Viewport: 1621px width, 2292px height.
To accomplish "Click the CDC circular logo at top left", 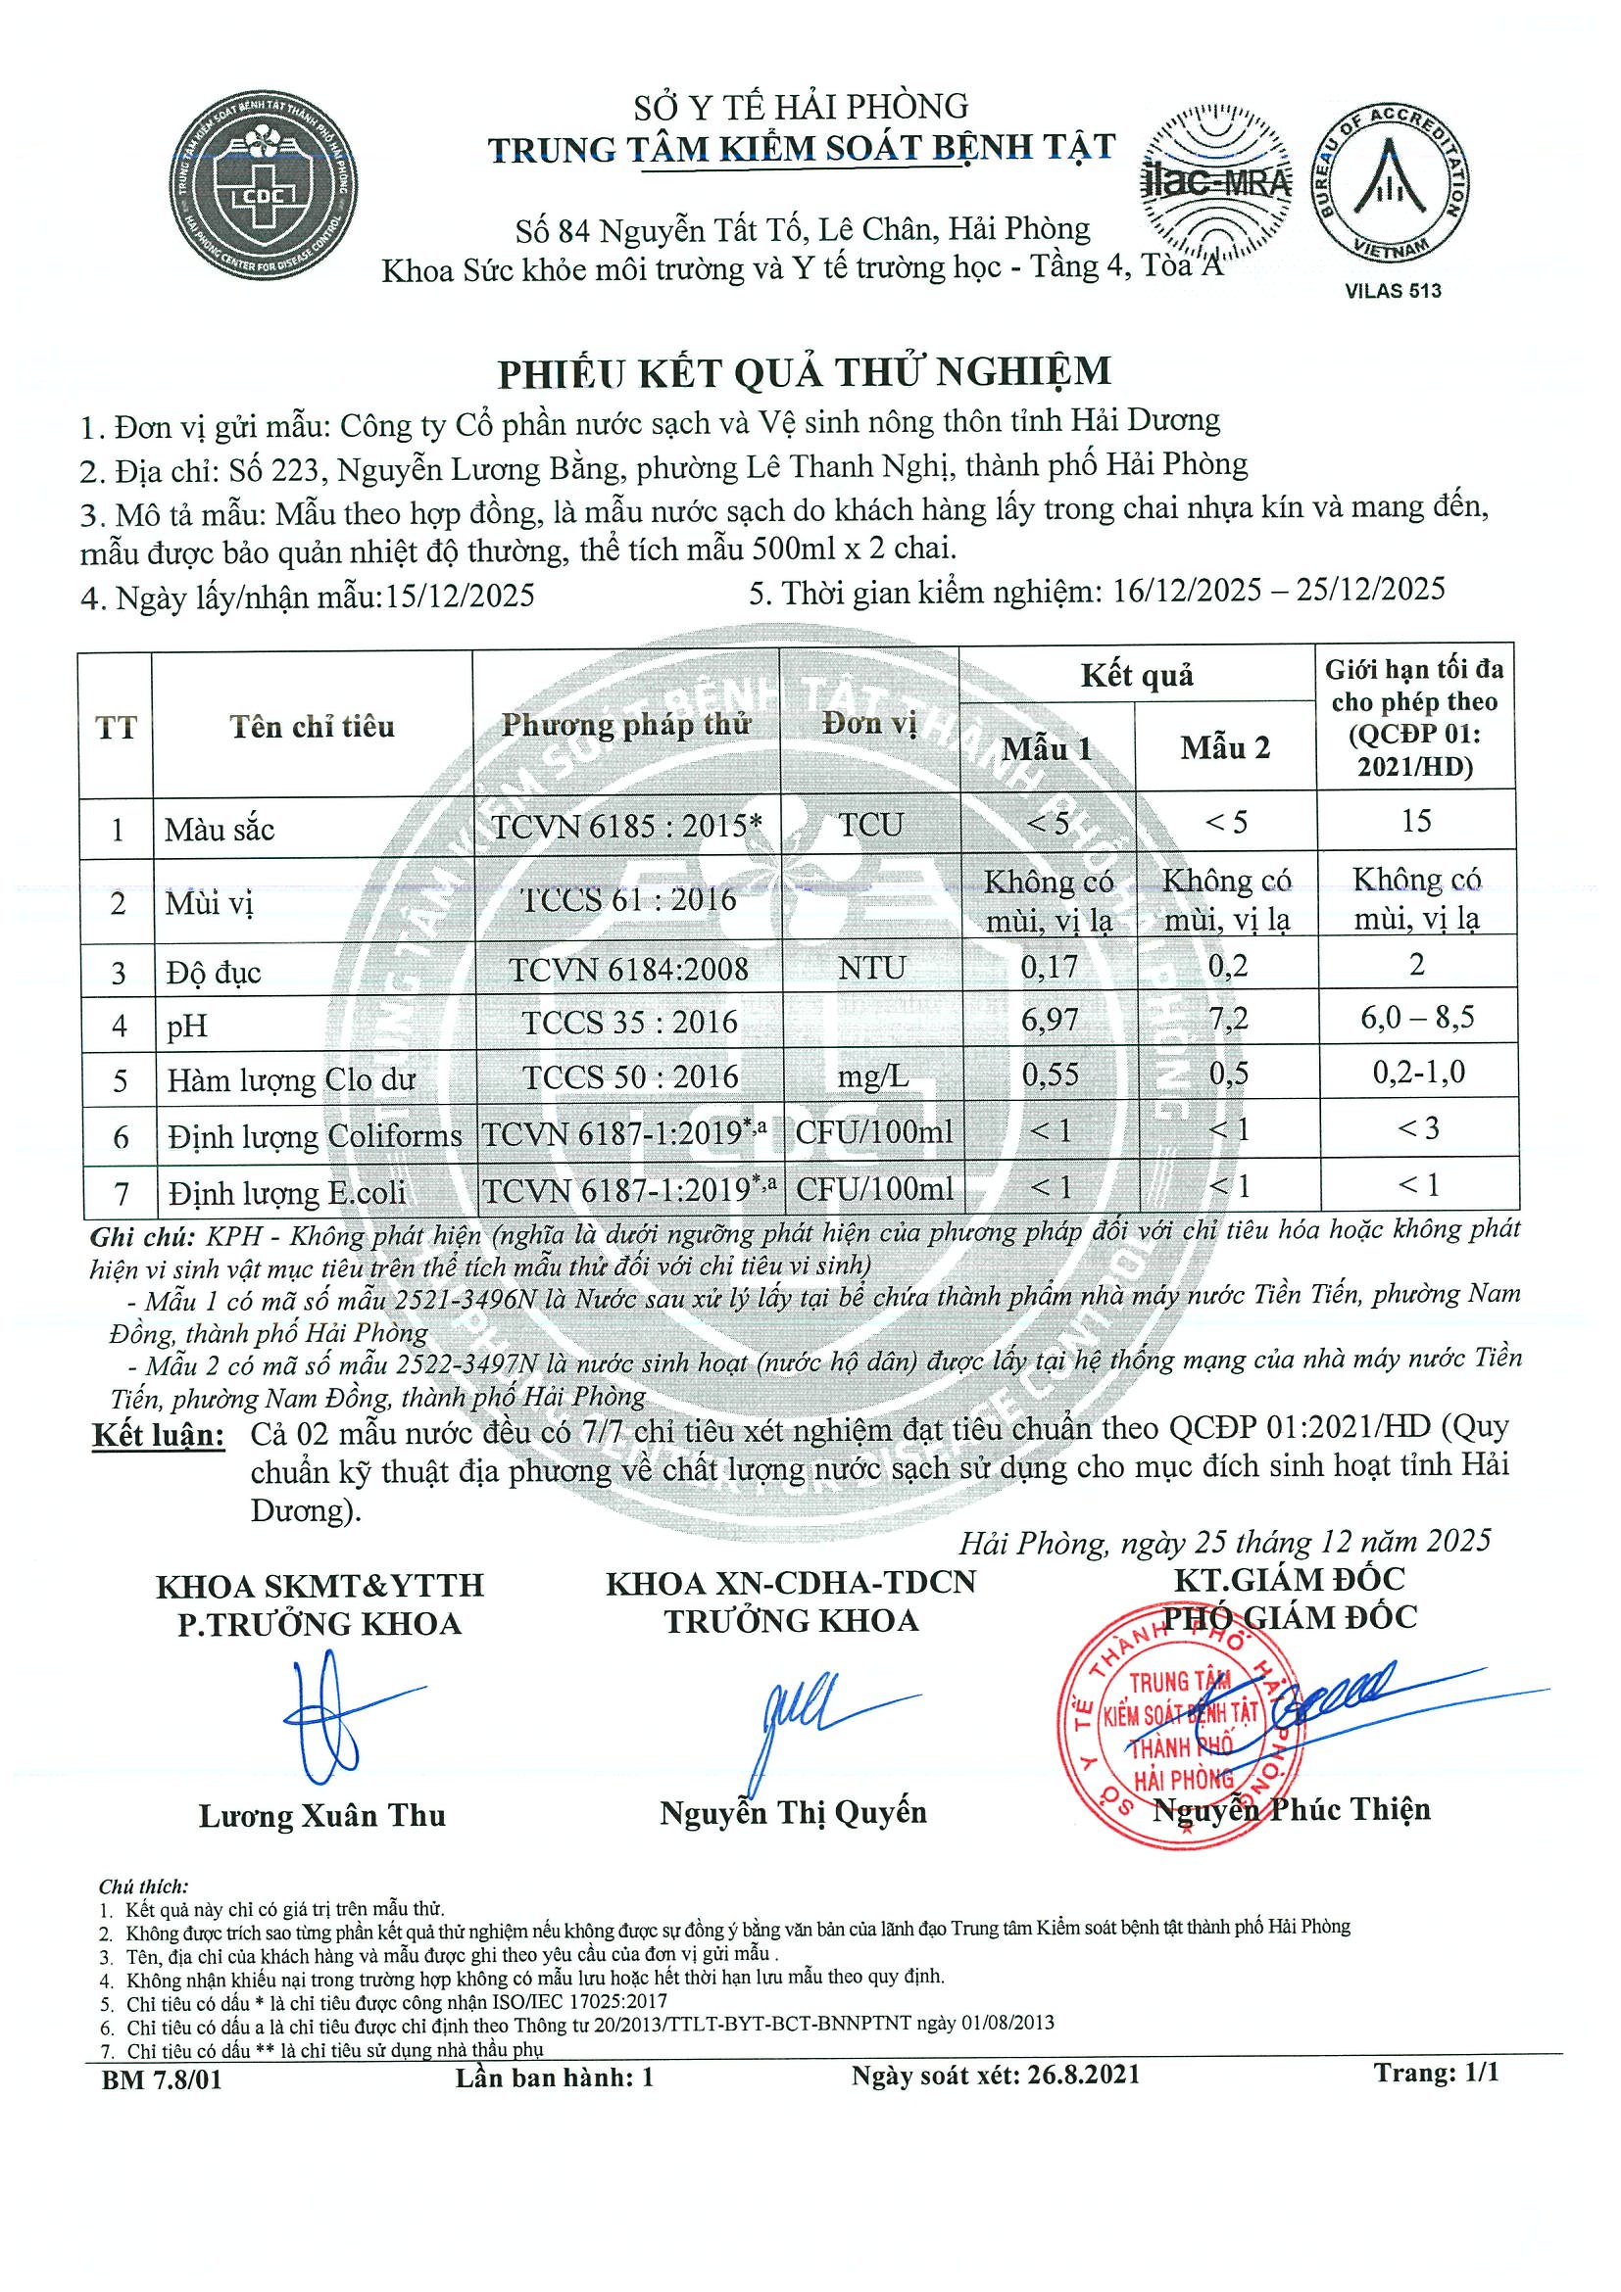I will click(264, 191).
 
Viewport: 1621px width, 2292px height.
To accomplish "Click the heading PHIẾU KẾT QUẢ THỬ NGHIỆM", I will click(804, 371).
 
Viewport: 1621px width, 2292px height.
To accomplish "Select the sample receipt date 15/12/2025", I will click(461, 596).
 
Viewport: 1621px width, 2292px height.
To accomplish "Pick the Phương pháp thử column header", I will click(625, 725).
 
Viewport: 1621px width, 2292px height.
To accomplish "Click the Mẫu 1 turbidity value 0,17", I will click(1049, 967).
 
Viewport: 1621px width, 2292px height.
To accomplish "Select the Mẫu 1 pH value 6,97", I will click(1049, 1022).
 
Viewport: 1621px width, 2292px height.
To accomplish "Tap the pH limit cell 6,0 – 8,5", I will click(1416, 1019).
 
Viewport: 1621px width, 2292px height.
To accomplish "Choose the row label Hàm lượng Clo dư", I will click(291, 1079).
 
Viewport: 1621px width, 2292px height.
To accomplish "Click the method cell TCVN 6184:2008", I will click(628, 969).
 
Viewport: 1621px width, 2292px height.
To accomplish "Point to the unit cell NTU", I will click(872, 968).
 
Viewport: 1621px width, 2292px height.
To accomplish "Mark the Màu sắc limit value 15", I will click(1416, 821).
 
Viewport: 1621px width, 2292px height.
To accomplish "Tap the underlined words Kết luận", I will click(158, 1436).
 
